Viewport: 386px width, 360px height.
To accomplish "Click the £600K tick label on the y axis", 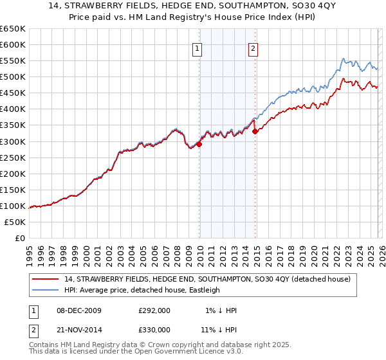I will pyautogui.click(x=13, y=44).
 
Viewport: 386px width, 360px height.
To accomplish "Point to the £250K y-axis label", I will pyautogui.click(x=13, y=157).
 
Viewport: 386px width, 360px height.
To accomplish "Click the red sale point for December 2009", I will pyautogui.click(x=199, y=144).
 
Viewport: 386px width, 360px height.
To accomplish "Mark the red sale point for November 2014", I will pyautogui.click(x=255, y=131).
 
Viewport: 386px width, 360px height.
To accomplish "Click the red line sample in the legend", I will pyautogui.click(x=46, y=280).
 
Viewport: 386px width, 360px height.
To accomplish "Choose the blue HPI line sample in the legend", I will pyautogui.click(x=46, y=290).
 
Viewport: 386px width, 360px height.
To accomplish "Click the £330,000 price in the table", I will pyautogui.click(x=154, y=329).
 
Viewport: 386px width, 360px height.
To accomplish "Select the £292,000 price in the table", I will pyautogui.click(x=154, y=310).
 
